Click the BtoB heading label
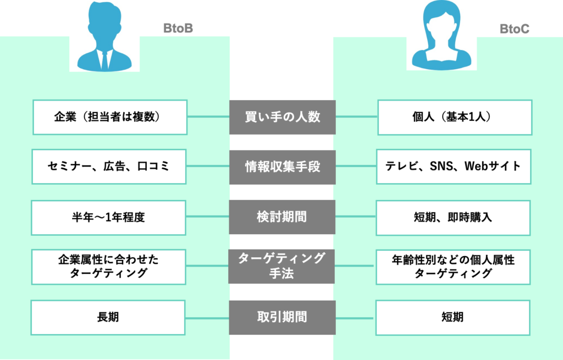(178, 29)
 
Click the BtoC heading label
(515, 29)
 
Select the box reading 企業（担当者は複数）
(110, 117)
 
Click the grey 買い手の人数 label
(282, 117)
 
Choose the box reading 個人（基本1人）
(455, 117)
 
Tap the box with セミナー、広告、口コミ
(109, 167)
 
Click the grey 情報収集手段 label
(282, 167)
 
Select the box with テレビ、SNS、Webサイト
(454, 167)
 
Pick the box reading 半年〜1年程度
(109, 217)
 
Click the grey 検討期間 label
(282, 217)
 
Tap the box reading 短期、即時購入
(454, 217)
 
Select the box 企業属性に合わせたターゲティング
(108, 267)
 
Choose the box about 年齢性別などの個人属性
(453, 267)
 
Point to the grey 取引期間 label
(282, 317)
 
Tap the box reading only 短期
(452, 317)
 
